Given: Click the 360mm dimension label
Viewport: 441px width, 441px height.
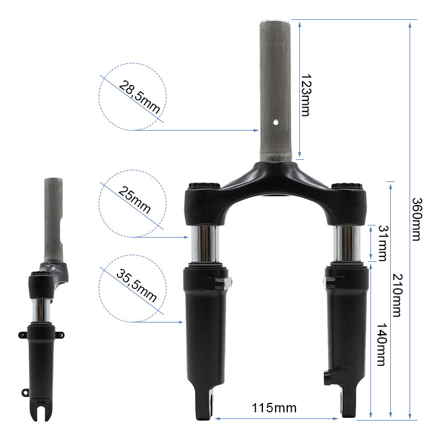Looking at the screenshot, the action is (417, 219).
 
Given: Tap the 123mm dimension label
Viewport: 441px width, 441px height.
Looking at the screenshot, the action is (306, 95).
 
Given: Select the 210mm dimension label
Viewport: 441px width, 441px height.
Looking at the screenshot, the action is (397, 295).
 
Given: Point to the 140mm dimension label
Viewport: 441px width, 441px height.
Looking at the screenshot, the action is (381, 344).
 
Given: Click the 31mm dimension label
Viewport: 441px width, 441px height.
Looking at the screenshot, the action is (383, 243).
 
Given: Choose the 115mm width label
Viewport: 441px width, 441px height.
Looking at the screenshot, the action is (274, 408).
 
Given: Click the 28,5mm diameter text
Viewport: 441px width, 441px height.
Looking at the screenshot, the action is (139, 97).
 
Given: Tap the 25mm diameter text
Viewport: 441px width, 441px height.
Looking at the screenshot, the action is (135, 200).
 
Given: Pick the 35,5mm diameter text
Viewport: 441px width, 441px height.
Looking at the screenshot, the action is (136, 285).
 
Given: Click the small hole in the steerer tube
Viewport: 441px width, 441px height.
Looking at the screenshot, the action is (276, 122).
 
